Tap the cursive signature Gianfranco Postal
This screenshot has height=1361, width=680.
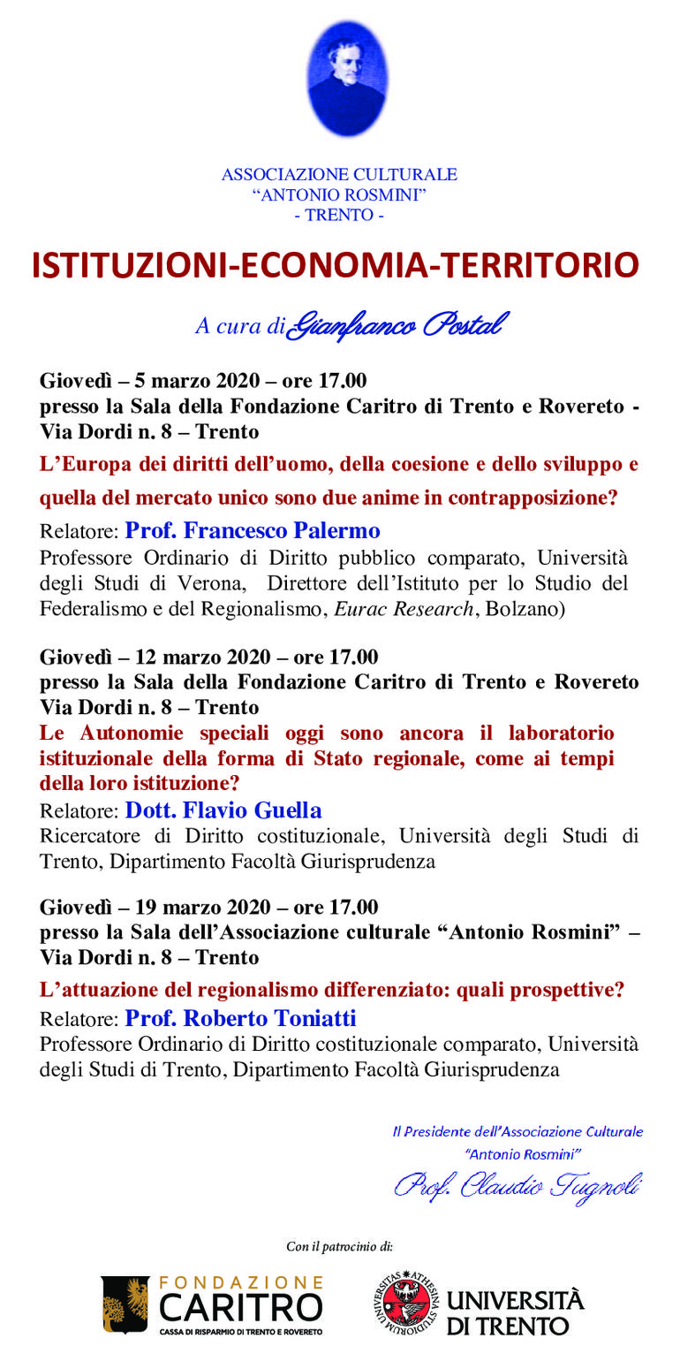[398, 325]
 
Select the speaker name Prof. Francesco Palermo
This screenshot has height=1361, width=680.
[253, 530]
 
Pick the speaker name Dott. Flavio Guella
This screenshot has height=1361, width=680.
[223, 810]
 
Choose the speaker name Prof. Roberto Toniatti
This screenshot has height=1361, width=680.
[240, 1018]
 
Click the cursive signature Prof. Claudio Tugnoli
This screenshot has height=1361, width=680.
[518, 1185]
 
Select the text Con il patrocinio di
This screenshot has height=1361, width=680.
[339, 1246]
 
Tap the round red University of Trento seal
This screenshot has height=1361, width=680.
[403, 1304]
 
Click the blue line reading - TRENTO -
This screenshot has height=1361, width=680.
[339, 215]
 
